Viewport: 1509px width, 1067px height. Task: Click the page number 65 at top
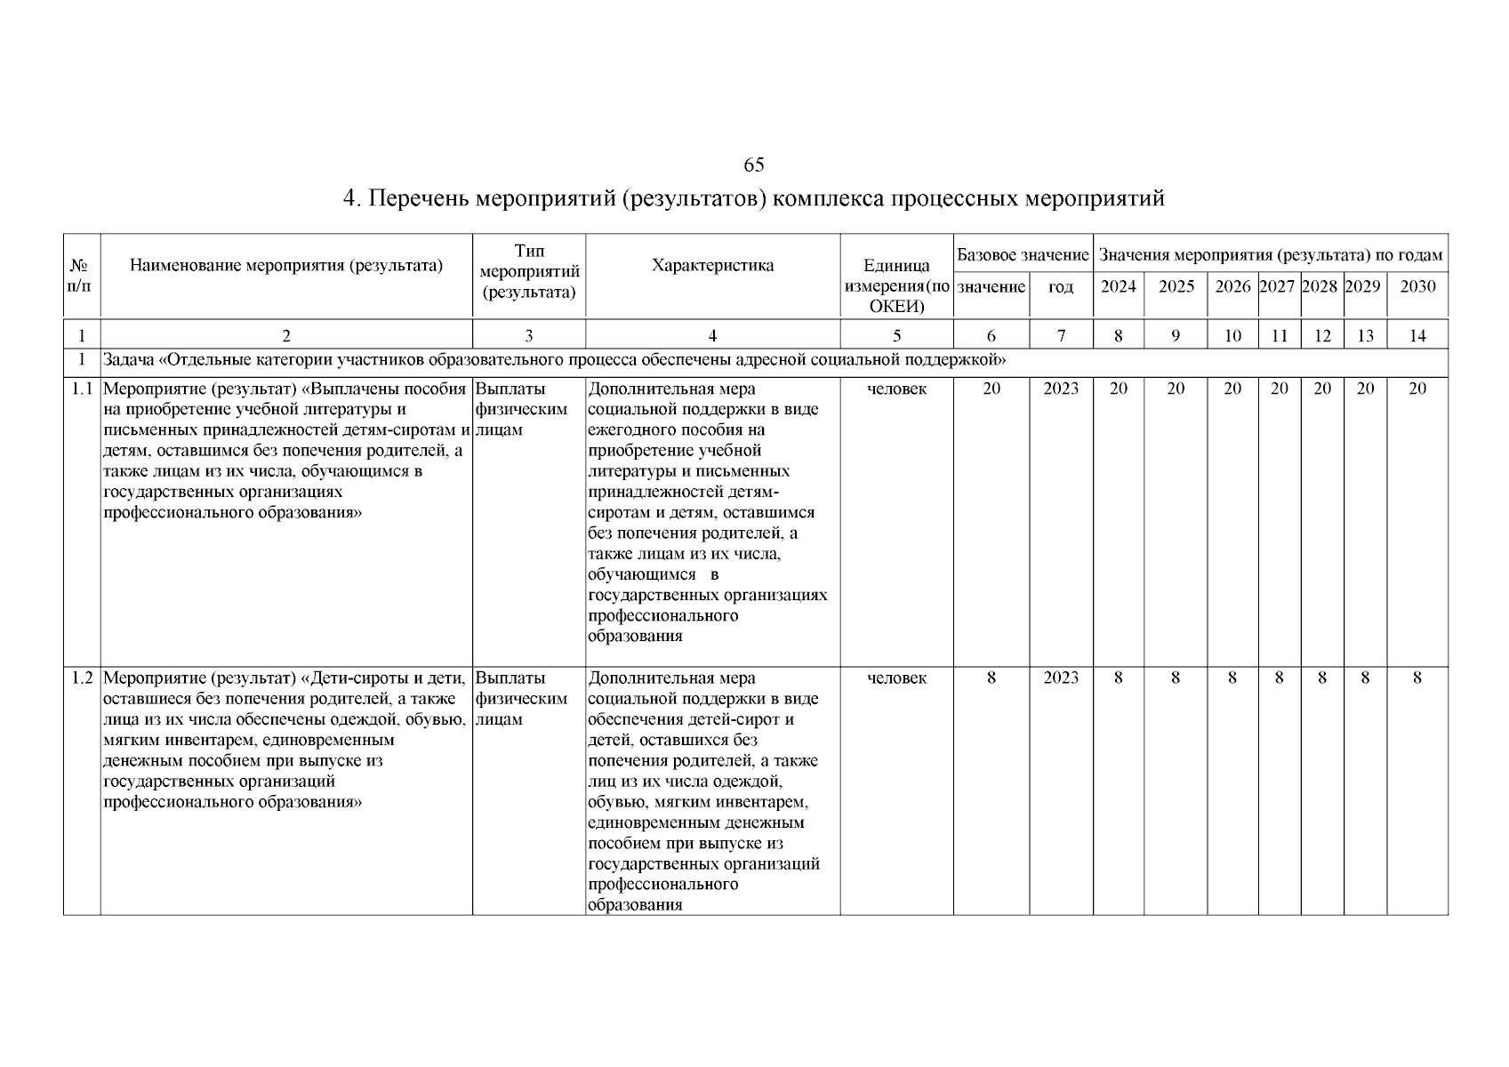[753, 164]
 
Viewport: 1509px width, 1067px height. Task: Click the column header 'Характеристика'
[712, 265]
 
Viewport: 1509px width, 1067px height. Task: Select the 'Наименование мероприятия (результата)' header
[285, 265]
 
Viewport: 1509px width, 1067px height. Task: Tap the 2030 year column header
[1417, 286]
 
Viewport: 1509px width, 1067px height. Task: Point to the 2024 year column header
[1118, 286]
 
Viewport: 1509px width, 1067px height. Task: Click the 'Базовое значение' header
[1023, 255]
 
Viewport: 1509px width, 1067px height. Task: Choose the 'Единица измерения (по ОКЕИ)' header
[896, 285]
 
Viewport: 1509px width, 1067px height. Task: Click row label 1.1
[82, 389]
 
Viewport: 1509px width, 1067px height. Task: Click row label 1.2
[82, 678]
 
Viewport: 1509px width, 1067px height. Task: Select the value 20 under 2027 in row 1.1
[1279, 389]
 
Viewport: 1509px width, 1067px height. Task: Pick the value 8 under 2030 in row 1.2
[1417, 678]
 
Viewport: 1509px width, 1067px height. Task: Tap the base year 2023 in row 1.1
[1061, 389]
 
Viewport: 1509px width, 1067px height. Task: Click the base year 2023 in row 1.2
[1061, 678]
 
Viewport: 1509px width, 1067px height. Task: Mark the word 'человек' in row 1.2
[896, 678]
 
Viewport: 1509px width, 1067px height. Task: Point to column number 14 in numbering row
[1417, 335]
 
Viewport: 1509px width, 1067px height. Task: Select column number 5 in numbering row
[896, 335]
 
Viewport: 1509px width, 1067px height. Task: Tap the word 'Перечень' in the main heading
[416, 198]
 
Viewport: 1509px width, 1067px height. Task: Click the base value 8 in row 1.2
[991, 678]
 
